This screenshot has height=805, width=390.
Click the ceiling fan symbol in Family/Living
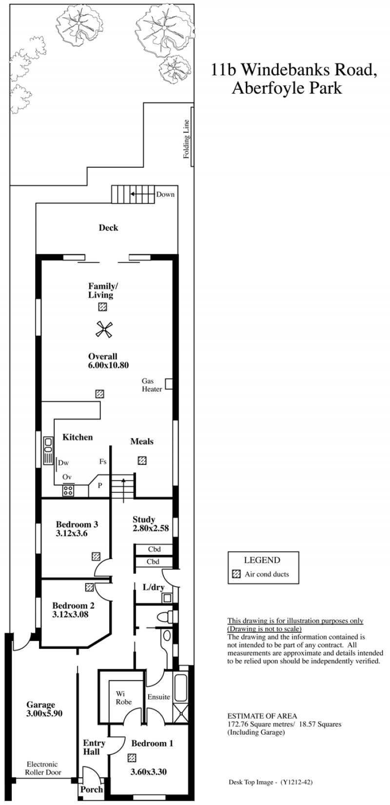[x=104, y=329]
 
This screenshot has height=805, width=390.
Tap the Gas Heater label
[x=152, y=385]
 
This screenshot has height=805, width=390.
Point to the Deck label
[x=108, y=227]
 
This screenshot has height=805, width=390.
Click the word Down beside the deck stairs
[x=165, y=194]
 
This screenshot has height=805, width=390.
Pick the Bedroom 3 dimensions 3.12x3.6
[x=72, y=533]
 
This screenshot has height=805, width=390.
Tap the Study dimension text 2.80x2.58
[x=151, y=528]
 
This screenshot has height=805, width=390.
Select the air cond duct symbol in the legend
[x=236, y=574]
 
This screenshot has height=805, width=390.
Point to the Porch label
[x=92, y=789]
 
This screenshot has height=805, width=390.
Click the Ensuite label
[x=159, y=697]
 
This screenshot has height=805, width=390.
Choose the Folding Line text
[x=186, y=139]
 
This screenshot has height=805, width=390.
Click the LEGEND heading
[x=262, y=560]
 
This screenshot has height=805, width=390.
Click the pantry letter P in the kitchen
[x=100, y=485]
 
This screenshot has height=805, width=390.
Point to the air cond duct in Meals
[x=142, y=461]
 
